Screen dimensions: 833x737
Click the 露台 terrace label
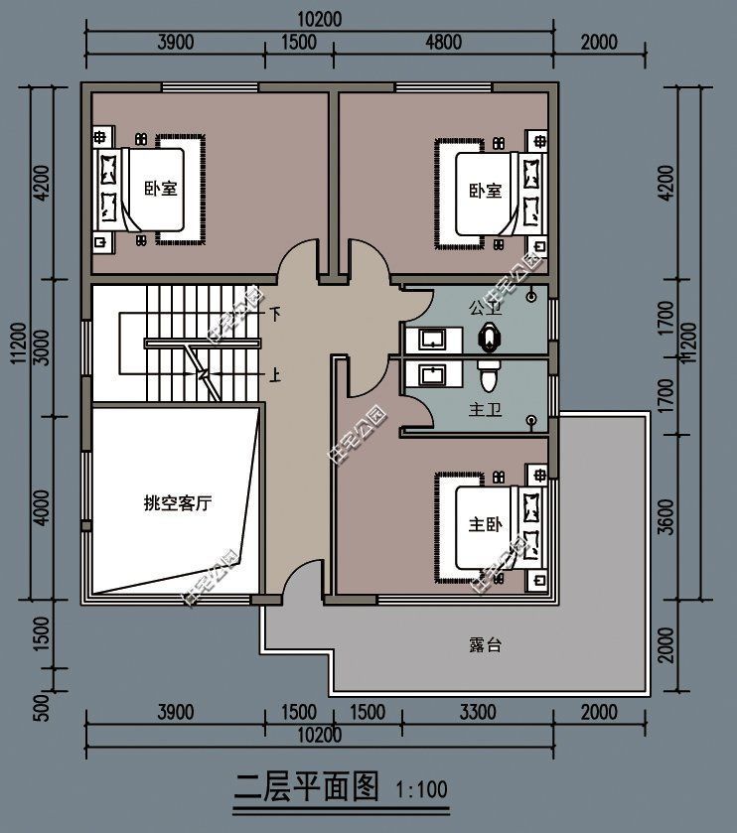[485, 644]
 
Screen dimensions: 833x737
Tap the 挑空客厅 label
[178, 503]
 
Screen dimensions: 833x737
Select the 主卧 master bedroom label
[485, 525]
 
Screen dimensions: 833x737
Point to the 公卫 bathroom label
[485, 308]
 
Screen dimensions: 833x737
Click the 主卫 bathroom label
[484, 409]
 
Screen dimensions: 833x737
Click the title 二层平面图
[308, 788]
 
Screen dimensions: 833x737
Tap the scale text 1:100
[422, 791]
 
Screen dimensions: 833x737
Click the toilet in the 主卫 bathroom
[488, 377]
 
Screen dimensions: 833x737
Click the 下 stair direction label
[275, 314]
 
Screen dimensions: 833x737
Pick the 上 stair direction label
[275, 375]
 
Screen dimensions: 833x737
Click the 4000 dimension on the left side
[42, 503]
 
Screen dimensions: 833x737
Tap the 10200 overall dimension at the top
[320, 19]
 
